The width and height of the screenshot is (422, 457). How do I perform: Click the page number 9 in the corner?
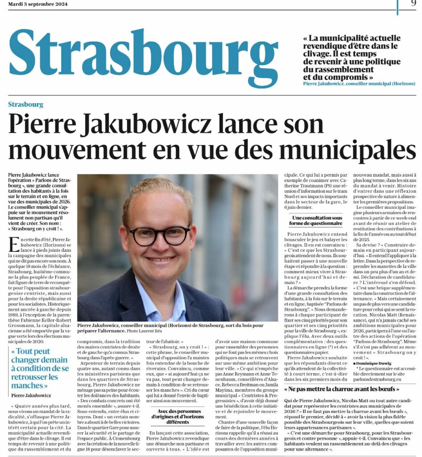(x=414, y=4)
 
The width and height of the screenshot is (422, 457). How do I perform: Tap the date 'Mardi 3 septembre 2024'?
(x=38, y=4)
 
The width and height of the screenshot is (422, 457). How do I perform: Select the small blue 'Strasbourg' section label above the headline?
(x=25, y=104)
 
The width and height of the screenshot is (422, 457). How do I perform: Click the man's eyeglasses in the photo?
(x=158, y=235)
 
